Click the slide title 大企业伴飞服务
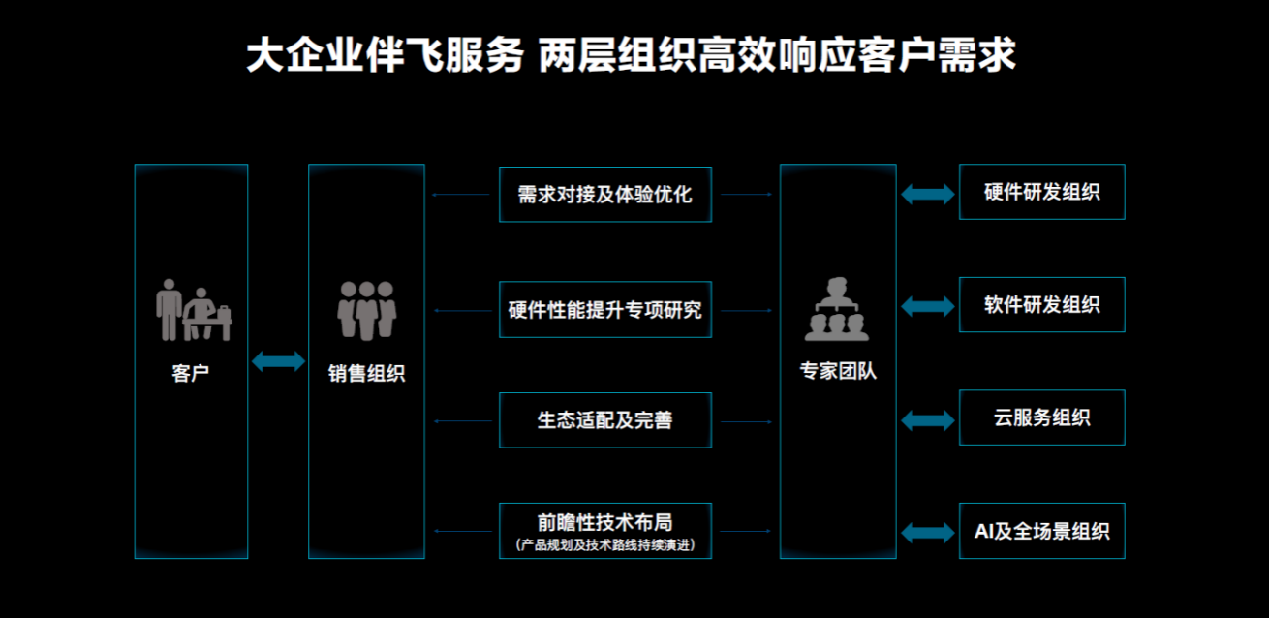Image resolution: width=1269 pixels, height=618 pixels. tap(385, 55)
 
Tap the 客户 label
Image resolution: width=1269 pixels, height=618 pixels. tap(190, 373)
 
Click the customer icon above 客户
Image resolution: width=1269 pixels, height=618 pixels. tap(194, 310)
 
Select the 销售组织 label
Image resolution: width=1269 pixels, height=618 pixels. tap(366, 373)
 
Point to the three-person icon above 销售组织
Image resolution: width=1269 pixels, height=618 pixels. tap(366, 310)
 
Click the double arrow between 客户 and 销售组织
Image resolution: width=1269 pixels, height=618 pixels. tap(278, 361)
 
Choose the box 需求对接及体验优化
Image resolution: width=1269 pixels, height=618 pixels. tap(605, 195)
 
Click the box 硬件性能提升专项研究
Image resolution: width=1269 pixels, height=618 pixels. tap(605, 309)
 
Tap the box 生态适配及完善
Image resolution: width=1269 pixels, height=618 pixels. tap(605, 420)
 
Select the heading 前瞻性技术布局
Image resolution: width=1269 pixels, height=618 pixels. tap(605, 522)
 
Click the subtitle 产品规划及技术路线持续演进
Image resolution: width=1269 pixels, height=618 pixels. tap(605, 545)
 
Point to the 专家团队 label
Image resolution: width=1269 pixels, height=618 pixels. tap(838, 371)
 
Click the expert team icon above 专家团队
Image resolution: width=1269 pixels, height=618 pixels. tap(837, 309)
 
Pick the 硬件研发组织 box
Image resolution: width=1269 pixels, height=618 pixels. tap(1041, 192)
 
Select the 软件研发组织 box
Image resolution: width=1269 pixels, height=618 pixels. tap(1041, 305)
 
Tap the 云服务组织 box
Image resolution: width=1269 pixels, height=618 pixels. tap(1041, 417)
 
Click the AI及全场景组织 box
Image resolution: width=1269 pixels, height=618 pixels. tap(1041, 531)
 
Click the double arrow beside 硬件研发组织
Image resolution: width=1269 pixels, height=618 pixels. tap(927, 194)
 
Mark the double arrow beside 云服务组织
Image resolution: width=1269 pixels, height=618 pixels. tap(927, 420)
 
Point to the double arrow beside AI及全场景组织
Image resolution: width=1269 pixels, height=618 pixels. tap(927, 533)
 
